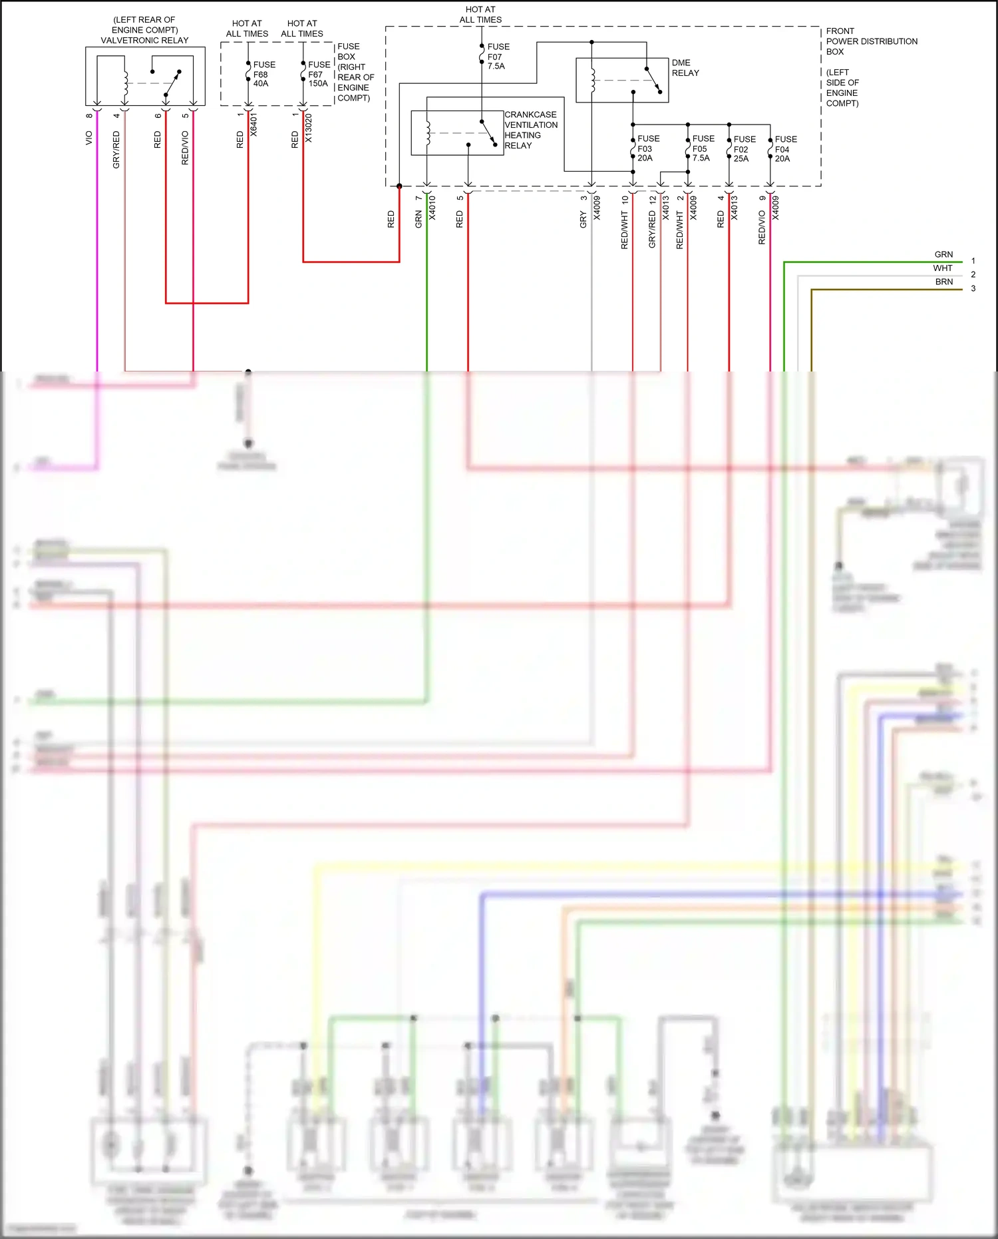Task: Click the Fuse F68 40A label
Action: click(x=263, y=74)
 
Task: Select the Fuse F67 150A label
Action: click(x=319, y=74)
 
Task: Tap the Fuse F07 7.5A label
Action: click(x=498, y=57)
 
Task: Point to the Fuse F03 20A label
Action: click(x=648, y=148)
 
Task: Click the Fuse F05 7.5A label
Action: click(x=703, y=148)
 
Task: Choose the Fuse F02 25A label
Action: click(x=744, y=149)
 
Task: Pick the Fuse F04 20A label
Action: click(x=785, y=149)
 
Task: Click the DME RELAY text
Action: click(x=685, y=68)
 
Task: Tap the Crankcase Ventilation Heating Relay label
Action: click(x=530, y=130)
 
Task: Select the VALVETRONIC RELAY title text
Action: click(x=144, y=41)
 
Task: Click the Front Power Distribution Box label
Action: click(x=871, y=41)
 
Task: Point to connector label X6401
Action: click(x=253, y=125)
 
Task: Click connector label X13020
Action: click(x=309, y=128)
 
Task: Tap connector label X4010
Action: click(x=432, y=208)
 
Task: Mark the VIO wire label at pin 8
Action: click(x=89, y=138)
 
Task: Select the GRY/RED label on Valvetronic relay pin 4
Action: click(x=116, y=149)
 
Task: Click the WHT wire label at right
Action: click(x=942, y=268)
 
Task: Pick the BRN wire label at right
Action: click(x=943, y=282)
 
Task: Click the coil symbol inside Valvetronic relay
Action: click(x=125, y=83)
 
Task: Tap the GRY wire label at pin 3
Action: click(x=583, y=220)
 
